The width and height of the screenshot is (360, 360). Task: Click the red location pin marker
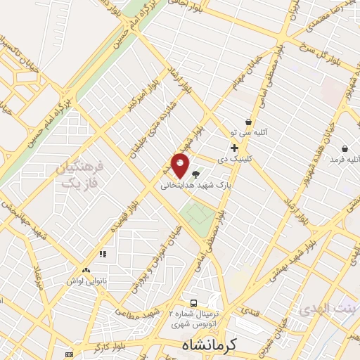[x=180, y=165]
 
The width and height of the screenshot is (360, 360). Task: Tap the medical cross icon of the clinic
[x=234, y=148]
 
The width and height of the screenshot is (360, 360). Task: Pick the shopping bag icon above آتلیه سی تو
[x=248, y=122]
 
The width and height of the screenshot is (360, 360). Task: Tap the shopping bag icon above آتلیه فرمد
[x=345, y=148]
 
